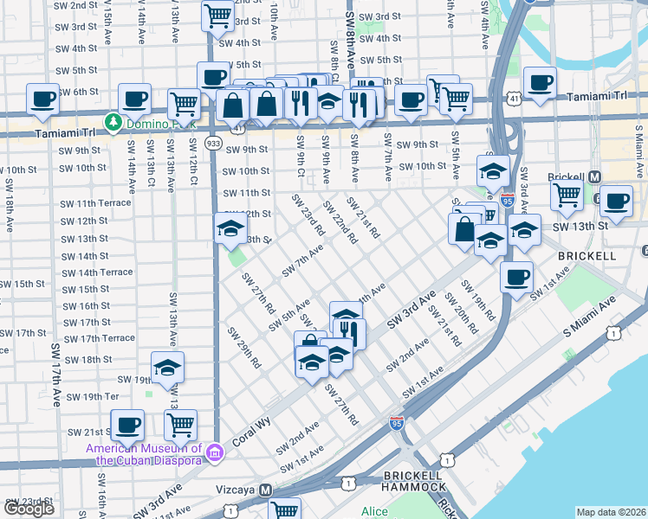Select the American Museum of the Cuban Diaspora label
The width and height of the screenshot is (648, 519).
(x=145, y=454)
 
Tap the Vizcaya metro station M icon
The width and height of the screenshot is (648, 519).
(x=267, y=490)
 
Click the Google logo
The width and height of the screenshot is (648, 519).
(x=29, y=509)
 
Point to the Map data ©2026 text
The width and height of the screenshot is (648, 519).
(x=611, y=512)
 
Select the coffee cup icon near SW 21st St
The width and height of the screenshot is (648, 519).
(x=127, y=424)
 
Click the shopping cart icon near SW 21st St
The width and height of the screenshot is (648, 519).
(x=180, y=424)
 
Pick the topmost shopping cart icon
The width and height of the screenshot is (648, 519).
(x=217, y=14)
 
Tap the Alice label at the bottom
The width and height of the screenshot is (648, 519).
(x=374, y=511)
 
